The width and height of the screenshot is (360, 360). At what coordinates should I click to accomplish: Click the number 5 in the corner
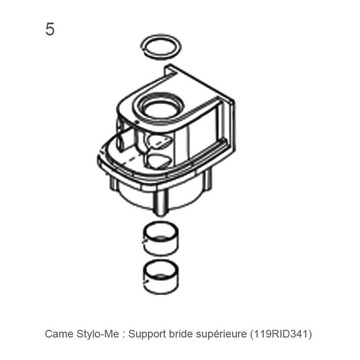50,29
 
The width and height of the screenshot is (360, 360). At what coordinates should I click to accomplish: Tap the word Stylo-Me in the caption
98,334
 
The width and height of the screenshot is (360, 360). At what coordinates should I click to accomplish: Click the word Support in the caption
147,334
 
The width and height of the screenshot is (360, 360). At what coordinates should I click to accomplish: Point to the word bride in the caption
181,334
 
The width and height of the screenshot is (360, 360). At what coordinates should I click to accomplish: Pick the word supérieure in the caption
221,334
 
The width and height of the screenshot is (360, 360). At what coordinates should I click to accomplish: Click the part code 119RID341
281,334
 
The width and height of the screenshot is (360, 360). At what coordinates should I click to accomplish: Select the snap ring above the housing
161,47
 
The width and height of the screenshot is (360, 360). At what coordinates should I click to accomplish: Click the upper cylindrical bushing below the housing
161,239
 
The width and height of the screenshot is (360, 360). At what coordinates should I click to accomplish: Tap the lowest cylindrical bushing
161,277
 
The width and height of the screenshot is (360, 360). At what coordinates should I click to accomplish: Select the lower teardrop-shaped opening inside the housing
159,161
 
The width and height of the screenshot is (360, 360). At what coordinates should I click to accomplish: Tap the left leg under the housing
113,184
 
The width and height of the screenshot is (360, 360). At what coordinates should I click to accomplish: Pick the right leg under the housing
208,180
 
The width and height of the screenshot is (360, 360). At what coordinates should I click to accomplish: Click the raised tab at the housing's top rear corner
170,70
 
